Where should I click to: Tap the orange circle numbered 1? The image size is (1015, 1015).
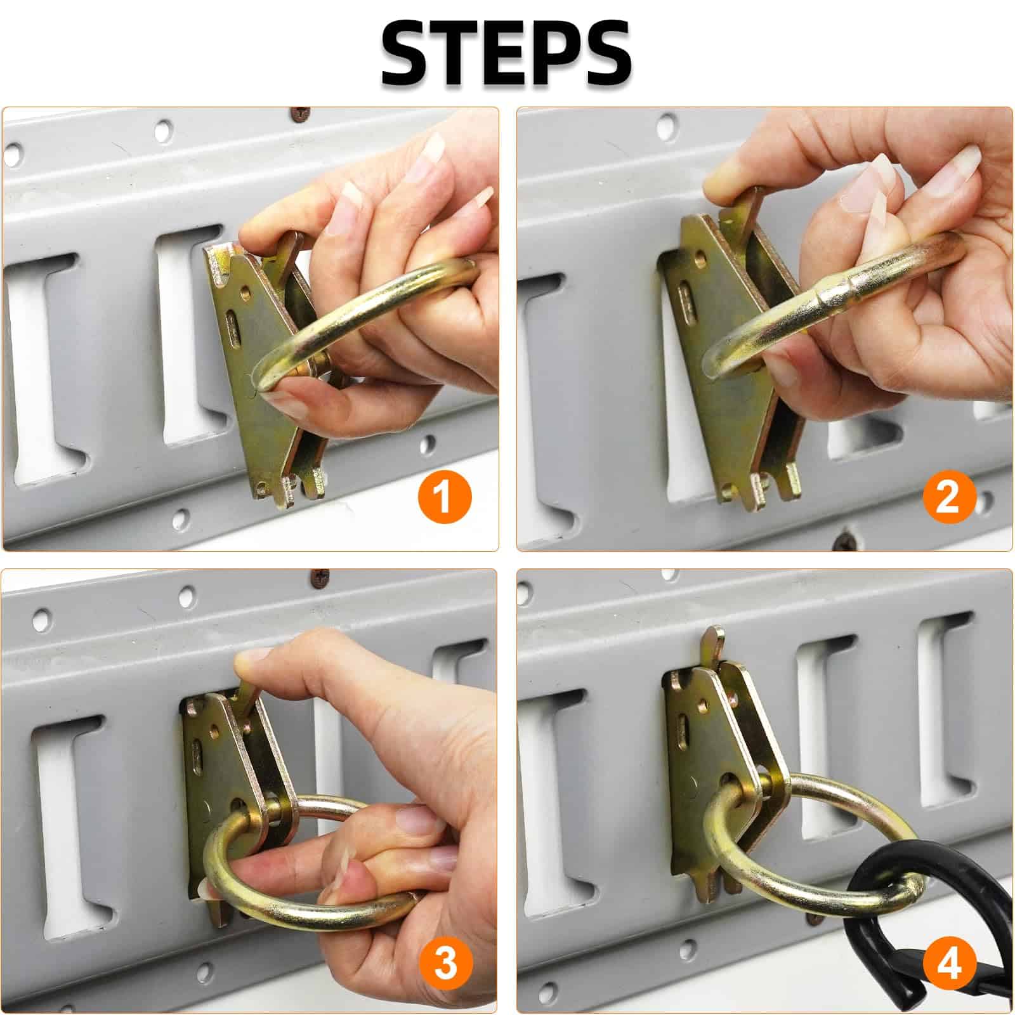pyautogui.click(x=443, y=496)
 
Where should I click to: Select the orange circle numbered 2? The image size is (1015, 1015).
pyautogui.click(x=947, y=496)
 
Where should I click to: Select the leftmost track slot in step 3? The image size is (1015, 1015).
pyautogui.click(x=73, y=818)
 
